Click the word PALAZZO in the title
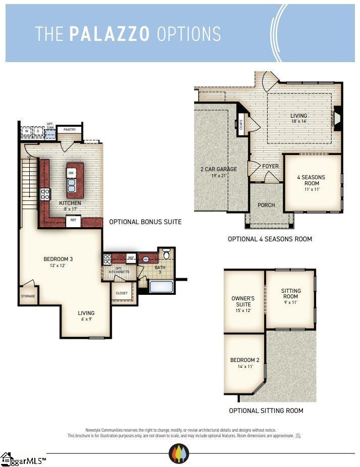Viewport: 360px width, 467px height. pos(110,34)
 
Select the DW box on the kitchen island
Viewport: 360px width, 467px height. pos(71,173)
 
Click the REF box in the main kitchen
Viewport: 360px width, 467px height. pos(73,220)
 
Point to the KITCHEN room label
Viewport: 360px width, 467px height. pos(70,203)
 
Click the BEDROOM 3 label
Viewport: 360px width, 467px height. pos(59,260)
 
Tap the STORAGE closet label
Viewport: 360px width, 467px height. pos(28,296)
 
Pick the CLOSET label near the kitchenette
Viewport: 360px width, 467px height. pos(122,293)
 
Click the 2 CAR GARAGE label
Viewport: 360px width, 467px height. pos(219,169)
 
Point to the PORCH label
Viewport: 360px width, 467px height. pos(266,205)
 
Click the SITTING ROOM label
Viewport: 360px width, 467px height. pos(291,294)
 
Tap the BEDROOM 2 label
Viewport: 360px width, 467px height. pos(245,360)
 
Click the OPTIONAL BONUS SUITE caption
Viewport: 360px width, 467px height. pos(145,222)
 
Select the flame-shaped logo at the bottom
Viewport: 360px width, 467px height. pos(179,453)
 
